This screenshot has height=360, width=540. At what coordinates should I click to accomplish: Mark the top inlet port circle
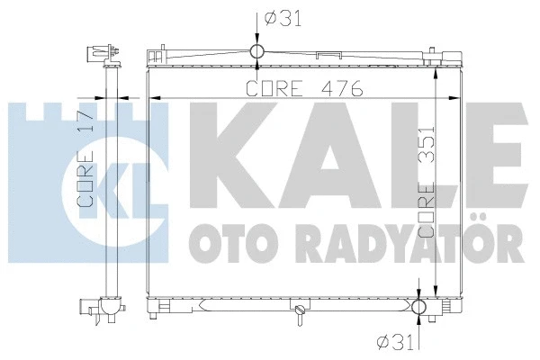(256, 50)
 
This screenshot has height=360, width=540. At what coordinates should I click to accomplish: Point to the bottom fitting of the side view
(105, 310)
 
